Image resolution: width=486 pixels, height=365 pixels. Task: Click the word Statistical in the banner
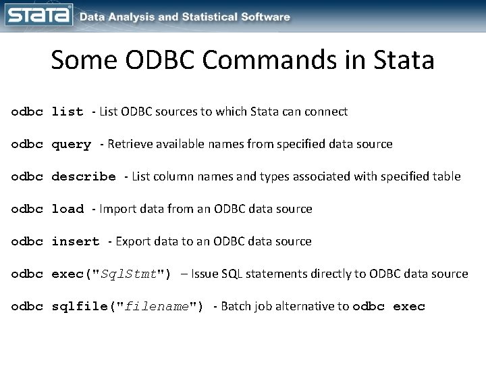(x=212, y=17)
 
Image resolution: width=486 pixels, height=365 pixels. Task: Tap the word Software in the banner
(x=267, y=17)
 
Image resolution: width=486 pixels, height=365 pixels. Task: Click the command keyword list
(x=67, y=112)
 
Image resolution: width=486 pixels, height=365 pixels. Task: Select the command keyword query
(x=72, y=145)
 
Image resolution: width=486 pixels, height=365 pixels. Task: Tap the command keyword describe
(x=84, y=177)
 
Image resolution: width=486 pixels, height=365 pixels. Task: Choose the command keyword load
(x=67, y=210)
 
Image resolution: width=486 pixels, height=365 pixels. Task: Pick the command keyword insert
(x=76, y=242)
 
